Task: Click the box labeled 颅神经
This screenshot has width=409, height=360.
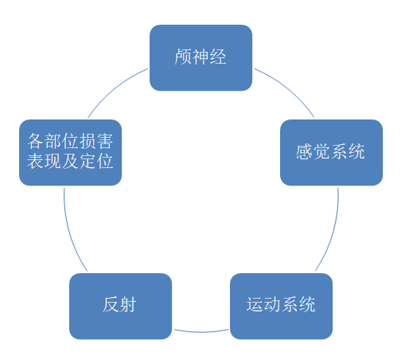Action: (x=201, y=57)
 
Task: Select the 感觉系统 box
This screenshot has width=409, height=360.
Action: (x=331, y=152)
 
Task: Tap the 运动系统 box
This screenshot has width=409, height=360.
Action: (x=281, y=306)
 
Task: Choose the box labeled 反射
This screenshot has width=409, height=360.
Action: (x=120, y=306)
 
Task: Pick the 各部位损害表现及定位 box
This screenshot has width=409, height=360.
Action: (x=70, y=152)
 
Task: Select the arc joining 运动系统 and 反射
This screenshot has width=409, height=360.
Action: (x=201, y=332)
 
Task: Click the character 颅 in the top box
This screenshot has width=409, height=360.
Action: (x=183, y=57)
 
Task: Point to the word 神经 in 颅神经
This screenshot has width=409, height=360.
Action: (x=209, y=57)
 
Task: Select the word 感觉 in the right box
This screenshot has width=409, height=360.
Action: (x=313, y=151)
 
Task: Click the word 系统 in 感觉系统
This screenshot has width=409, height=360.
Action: (x=348, y=151)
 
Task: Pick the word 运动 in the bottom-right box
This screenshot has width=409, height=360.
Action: (x=263, y=304)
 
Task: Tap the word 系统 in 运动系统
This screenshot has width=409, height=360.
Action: (x=298, y=304)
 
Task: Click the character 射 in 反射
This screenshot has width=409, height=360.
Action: (x=128, y=304)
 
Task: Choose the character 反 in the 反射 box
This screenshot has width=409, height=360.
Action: (x=111, y=304)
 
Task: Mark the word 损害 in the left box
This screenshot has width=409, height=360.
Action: (x=96, y=141)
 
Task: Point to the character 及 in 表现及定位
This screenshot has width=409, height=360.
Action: (x=70, y=161)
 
